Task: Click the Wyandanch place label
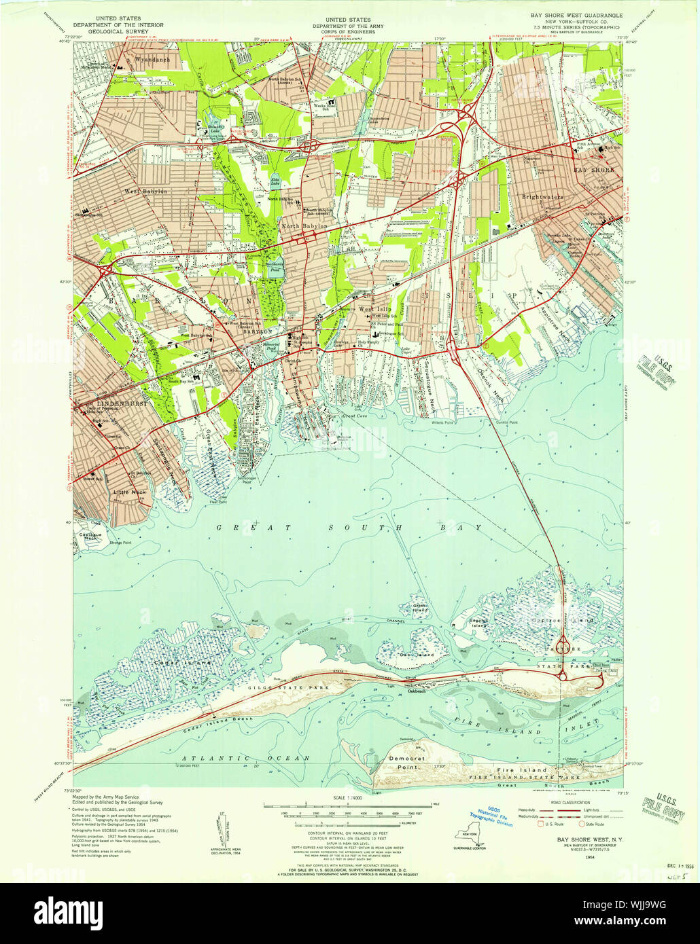point(153,60)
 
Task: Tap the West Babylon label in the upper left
point(145,192)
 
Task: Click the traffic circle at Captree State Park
point(563,642)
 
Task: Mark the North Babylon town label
point(304,225)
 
